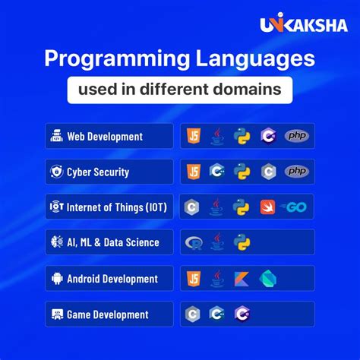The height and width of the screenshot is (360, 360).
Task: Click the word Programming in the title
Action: click(x=111, y=59)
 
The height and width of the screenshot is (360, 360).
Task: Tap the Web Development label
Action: click(x=104, y=137)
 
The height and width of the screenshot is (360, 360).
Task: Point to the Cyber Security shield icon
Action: click(x=57, y=172)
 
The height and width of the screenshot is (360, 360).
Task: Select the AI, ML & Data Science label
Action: click(x=113, y=243)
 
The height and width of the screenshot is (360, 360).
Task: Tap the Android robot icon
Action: click(x=57, y=278)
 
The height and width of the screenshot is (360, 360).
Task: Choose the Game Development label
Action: click(x=107, y=314)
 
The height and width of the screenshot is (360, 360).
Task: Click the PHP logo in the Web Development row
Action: click(x=297, y=136)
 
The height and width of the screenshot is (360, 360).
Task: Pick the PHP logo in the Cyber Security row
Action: click(x=297, y=172)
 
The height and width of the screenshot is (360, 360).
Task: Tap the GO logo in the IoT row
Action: click(x=294, y=207)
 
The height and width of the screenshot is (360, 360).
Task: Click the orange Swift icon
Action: click(x=267, y=207)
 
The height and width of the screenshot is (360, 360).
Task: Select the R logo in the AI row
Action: click(x=194, y=243)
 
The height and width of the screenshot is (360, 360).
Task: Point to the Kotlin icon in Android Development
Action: click(x=242, y=278)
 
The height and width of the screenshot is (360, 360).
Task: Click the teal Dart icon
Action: click(x=267, y=278)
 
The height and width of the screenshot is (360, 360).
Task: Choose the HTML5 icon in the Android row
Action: click(x=193, y=278)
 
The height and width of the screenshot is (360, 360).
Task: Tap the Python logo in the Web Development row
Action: click(x=242, y=136)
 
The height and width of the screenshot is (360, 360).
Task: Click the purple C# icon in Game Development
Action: click(x=242, y=314)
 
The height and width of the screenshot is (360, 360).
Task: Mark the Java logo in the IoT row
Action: click(x=217, y=207)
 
